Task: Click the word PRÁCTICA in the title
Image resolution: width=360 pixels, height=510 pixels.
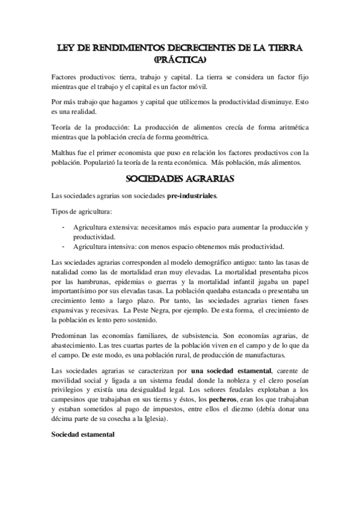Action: point(180,60)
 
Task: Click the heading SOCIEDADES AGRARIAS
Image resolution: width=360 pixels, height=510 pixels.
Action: point(180,179)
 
